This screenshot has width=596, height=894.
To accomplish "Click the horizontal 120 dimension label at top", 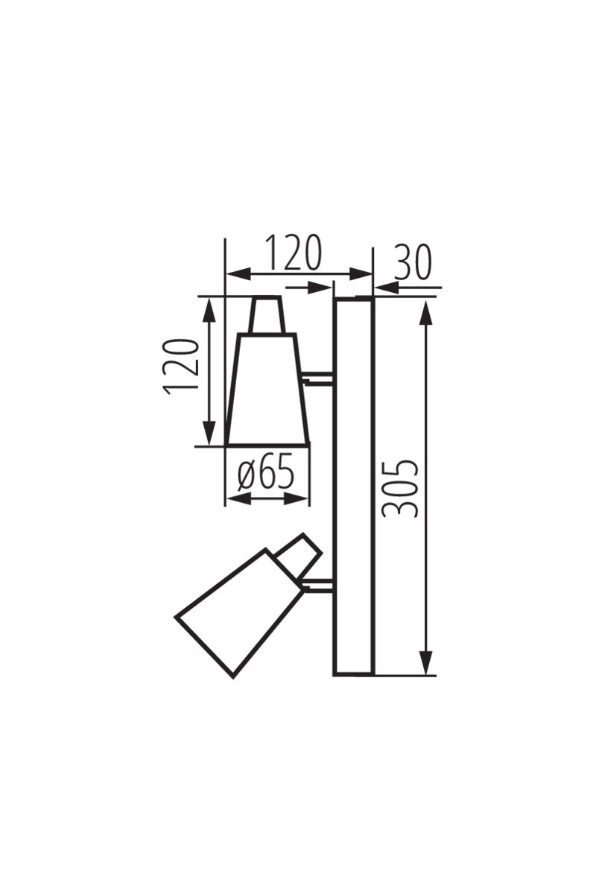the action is [x=294, y=253].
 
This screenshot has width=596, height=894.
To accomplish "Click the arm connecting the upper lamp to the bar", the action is [x=318, y=378].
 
